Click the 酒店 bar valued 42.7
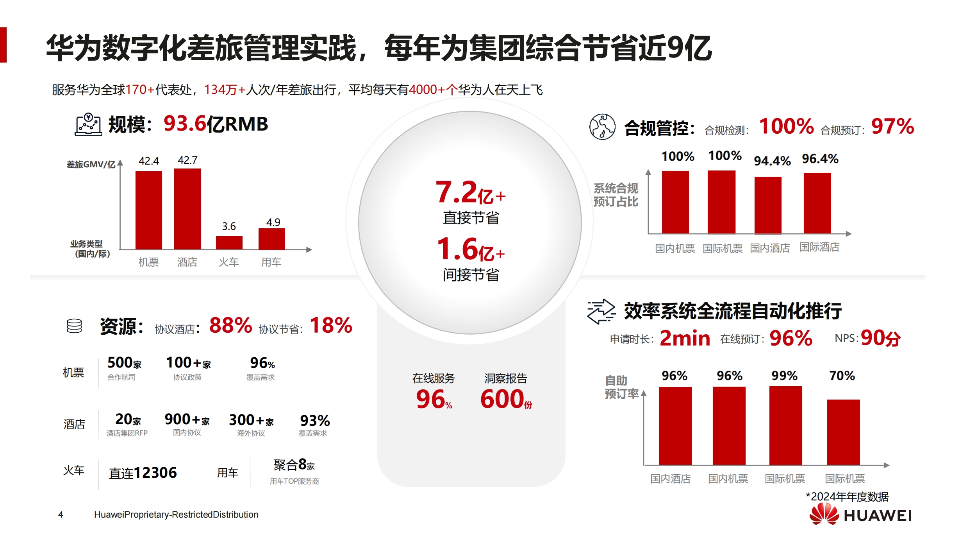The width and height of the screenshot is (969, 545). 187,209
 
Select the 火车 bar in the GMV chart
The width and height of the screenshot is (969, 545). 229,242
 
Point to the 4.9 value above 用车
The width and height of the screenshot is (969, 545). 273,222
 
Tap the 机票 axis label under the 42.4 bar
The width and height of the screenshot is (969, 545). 148,262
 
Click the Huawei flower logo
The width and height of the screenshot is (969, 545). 824,514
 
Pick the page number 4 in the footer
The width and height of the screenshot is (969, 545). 61,515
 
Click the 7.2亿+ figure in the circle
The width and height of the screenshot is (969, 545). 470,192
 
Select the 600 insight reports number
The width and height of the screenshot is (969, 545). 502,399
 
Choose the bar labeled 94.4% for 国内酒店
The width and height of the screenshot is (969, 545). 767,205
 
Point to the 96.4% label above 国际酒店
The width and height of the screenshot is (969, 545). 820,159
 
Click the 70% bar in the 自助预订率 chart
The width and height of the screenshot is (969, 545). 843,432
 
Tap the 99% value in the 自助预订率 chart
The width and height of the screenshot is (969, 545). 784,376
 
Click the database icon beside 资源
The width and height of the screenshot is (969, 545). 74,326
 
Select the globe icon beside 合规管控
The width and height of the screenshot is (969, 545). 602,127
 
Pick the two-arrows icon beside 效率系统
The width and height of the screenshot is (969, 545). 601,311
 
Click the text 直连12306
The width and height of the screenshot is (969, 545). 143,473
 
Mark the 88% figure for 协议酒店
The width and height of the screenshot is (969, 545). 230,325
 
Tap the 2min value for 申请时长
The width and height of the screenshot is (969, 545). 685,338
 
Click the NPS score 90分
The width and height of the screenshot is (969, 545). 880,338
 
